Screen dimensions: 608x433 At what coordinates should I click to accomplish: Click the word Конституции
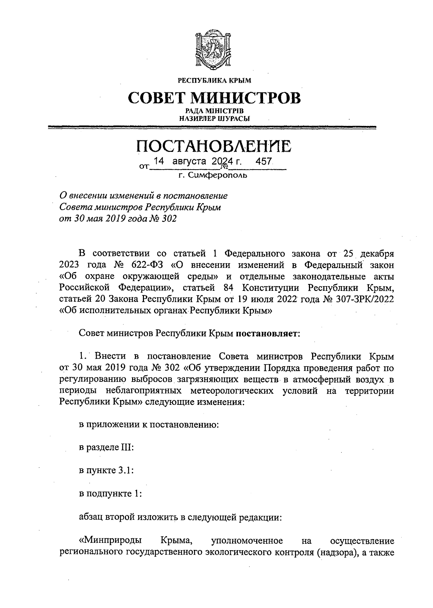point(268,288)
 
